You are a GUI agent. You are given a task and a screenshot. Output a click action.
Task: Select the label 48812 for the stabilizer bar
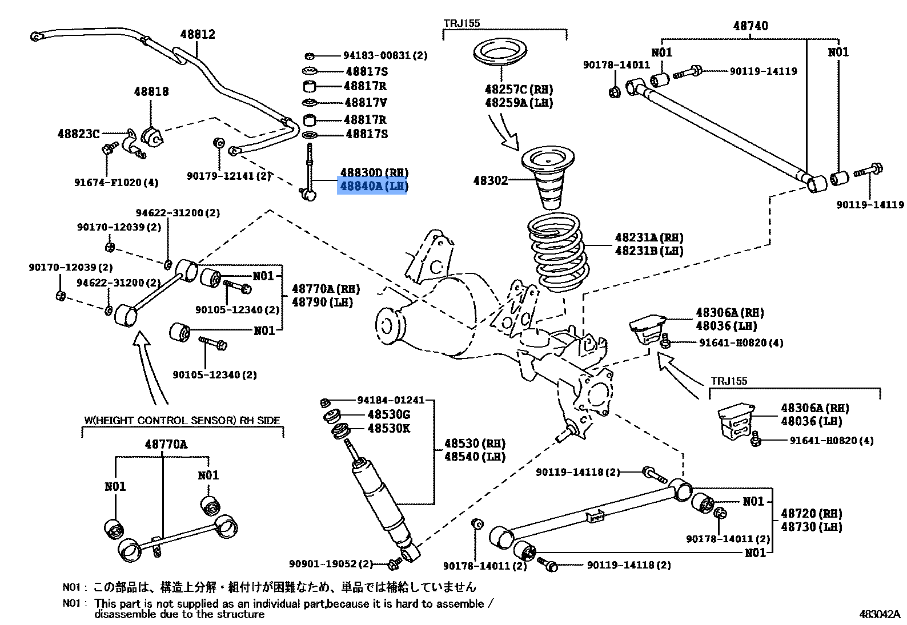[198, 34]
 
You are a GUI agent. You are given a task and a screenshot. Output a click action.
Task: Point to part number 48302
[490, 181]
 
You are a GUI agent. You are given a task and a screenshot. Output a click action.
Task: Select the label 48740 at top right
[751, 26]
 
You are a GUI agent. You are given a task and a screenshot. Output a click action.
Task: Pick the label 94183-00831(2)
[385, 55]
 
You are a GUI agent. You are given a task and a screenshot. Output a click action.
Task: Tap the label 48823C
[78, 134]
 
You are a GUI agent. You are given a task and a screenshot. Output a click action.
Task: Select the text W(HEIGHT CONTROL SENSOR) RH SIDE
[182, 421]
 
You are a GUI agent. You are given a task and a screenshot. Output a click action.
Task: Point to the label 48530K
[388, 429]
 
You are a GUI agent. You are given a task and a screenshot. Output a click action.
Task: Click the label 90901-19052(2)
[331, 564]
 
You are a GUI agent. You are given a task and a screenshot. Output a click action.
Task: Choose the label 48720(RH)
[812, 514]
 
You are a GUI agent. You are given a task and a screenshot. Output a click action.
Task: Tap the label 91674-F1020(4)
[116, 183]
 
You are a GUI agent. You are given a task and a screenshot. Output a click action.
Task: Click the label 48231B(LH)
[649, 251]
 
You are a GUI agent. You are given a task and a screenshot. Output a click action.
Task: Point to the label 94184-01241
[391, 401]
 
